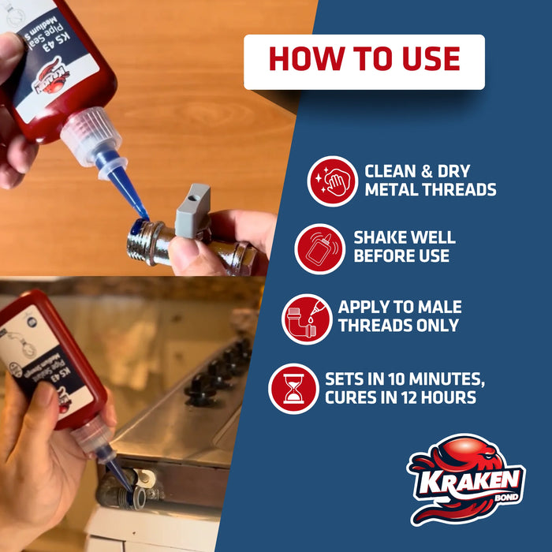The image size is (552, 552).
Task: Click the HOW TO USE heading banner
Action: point(364,62)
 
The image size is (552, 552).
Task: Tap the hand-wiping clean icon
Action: point(332,181)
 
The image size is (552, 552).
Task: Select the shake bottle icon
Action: point(319,248)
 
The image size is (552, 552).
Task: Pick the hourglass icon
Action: point(293,388)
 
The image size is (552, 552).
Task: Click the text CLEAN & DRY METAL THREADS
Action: point(430,181)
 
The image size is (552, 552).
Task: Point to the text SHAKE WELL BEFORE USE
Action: point(404,247)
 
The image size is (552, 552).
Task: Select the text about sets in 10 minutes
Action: point(401,387)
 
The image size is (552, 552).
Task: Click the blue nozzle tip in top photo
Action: point(131,192)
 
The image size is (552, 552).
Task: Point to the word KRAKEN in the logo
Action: point(462,480)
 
